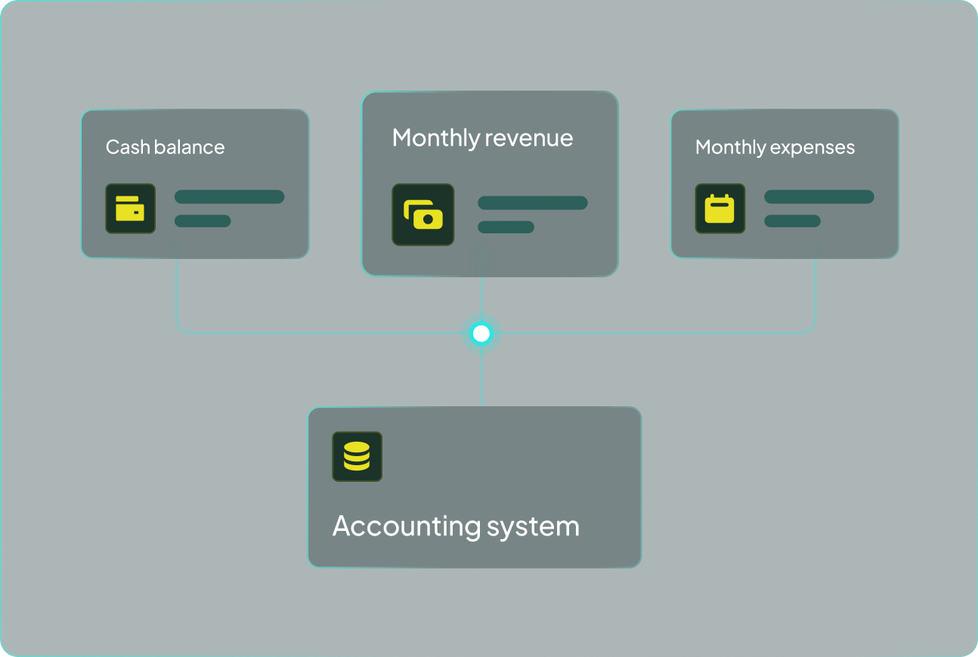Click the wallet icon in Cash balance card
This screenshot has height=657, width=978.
click(130, 208)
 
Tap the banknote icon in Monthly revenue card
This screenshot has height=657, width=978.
click(422, 214)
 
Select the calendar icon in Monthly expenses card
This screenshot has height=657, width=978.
click(720, 208)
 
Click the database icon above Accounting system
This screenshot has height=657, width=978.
click(357, 457)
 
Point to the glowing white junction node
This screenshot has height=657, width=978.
click(481, 333)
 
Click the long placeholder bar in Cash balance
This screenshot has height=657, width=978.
click(229, 197)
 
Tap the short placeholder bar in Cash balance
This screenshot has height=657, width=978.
click(203, 221)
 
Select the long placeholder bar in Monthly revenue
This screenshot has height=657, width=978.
click(532, 203)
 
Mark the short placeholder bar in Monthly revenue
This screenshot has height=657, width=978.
click(506, 227)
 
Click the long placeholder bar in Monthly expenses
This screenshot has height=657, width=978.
click(819, 197)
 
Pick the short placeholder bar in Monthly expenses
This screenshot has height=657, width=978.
click(792, 221)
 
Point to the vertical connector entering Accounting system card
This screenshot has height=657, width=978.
click(481, 381)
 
